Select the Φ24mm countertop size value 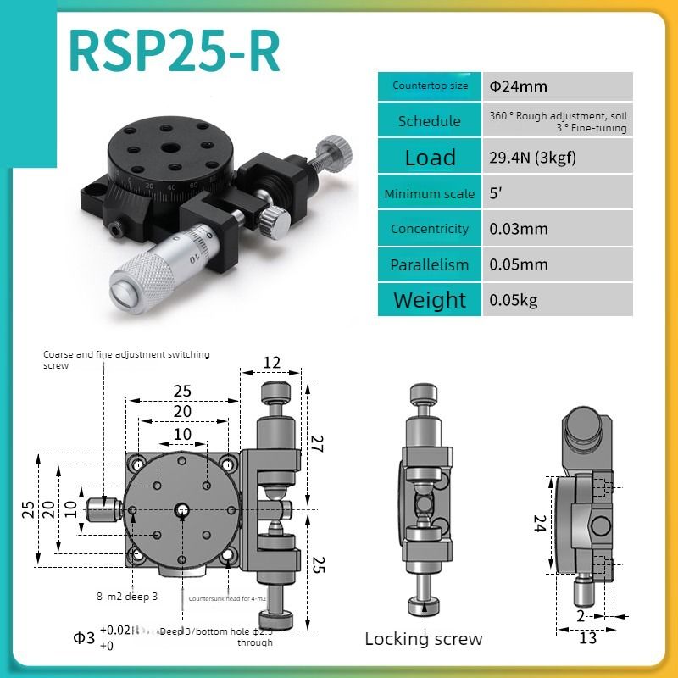(x=518, y=86)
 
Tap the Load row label (x=430, y=158)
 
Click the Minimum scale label (x=430, y=193)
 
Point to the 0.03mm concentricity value (x=518, y=229)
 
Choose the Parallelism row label (x=430, y=264)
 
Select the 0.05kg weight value (x=513, y=300)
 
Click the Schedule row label (x=430, y=121)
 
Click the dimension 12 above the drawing (x=271, y=362)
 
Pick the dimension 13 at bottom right (x=587, y=638)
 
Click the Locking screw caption (x=423, y=639)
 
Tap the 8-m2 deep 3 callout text (x=126, y=597)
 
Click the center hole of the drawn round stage (x=182, y=509)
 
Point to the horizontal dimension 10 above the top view (x=182, y=434)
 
